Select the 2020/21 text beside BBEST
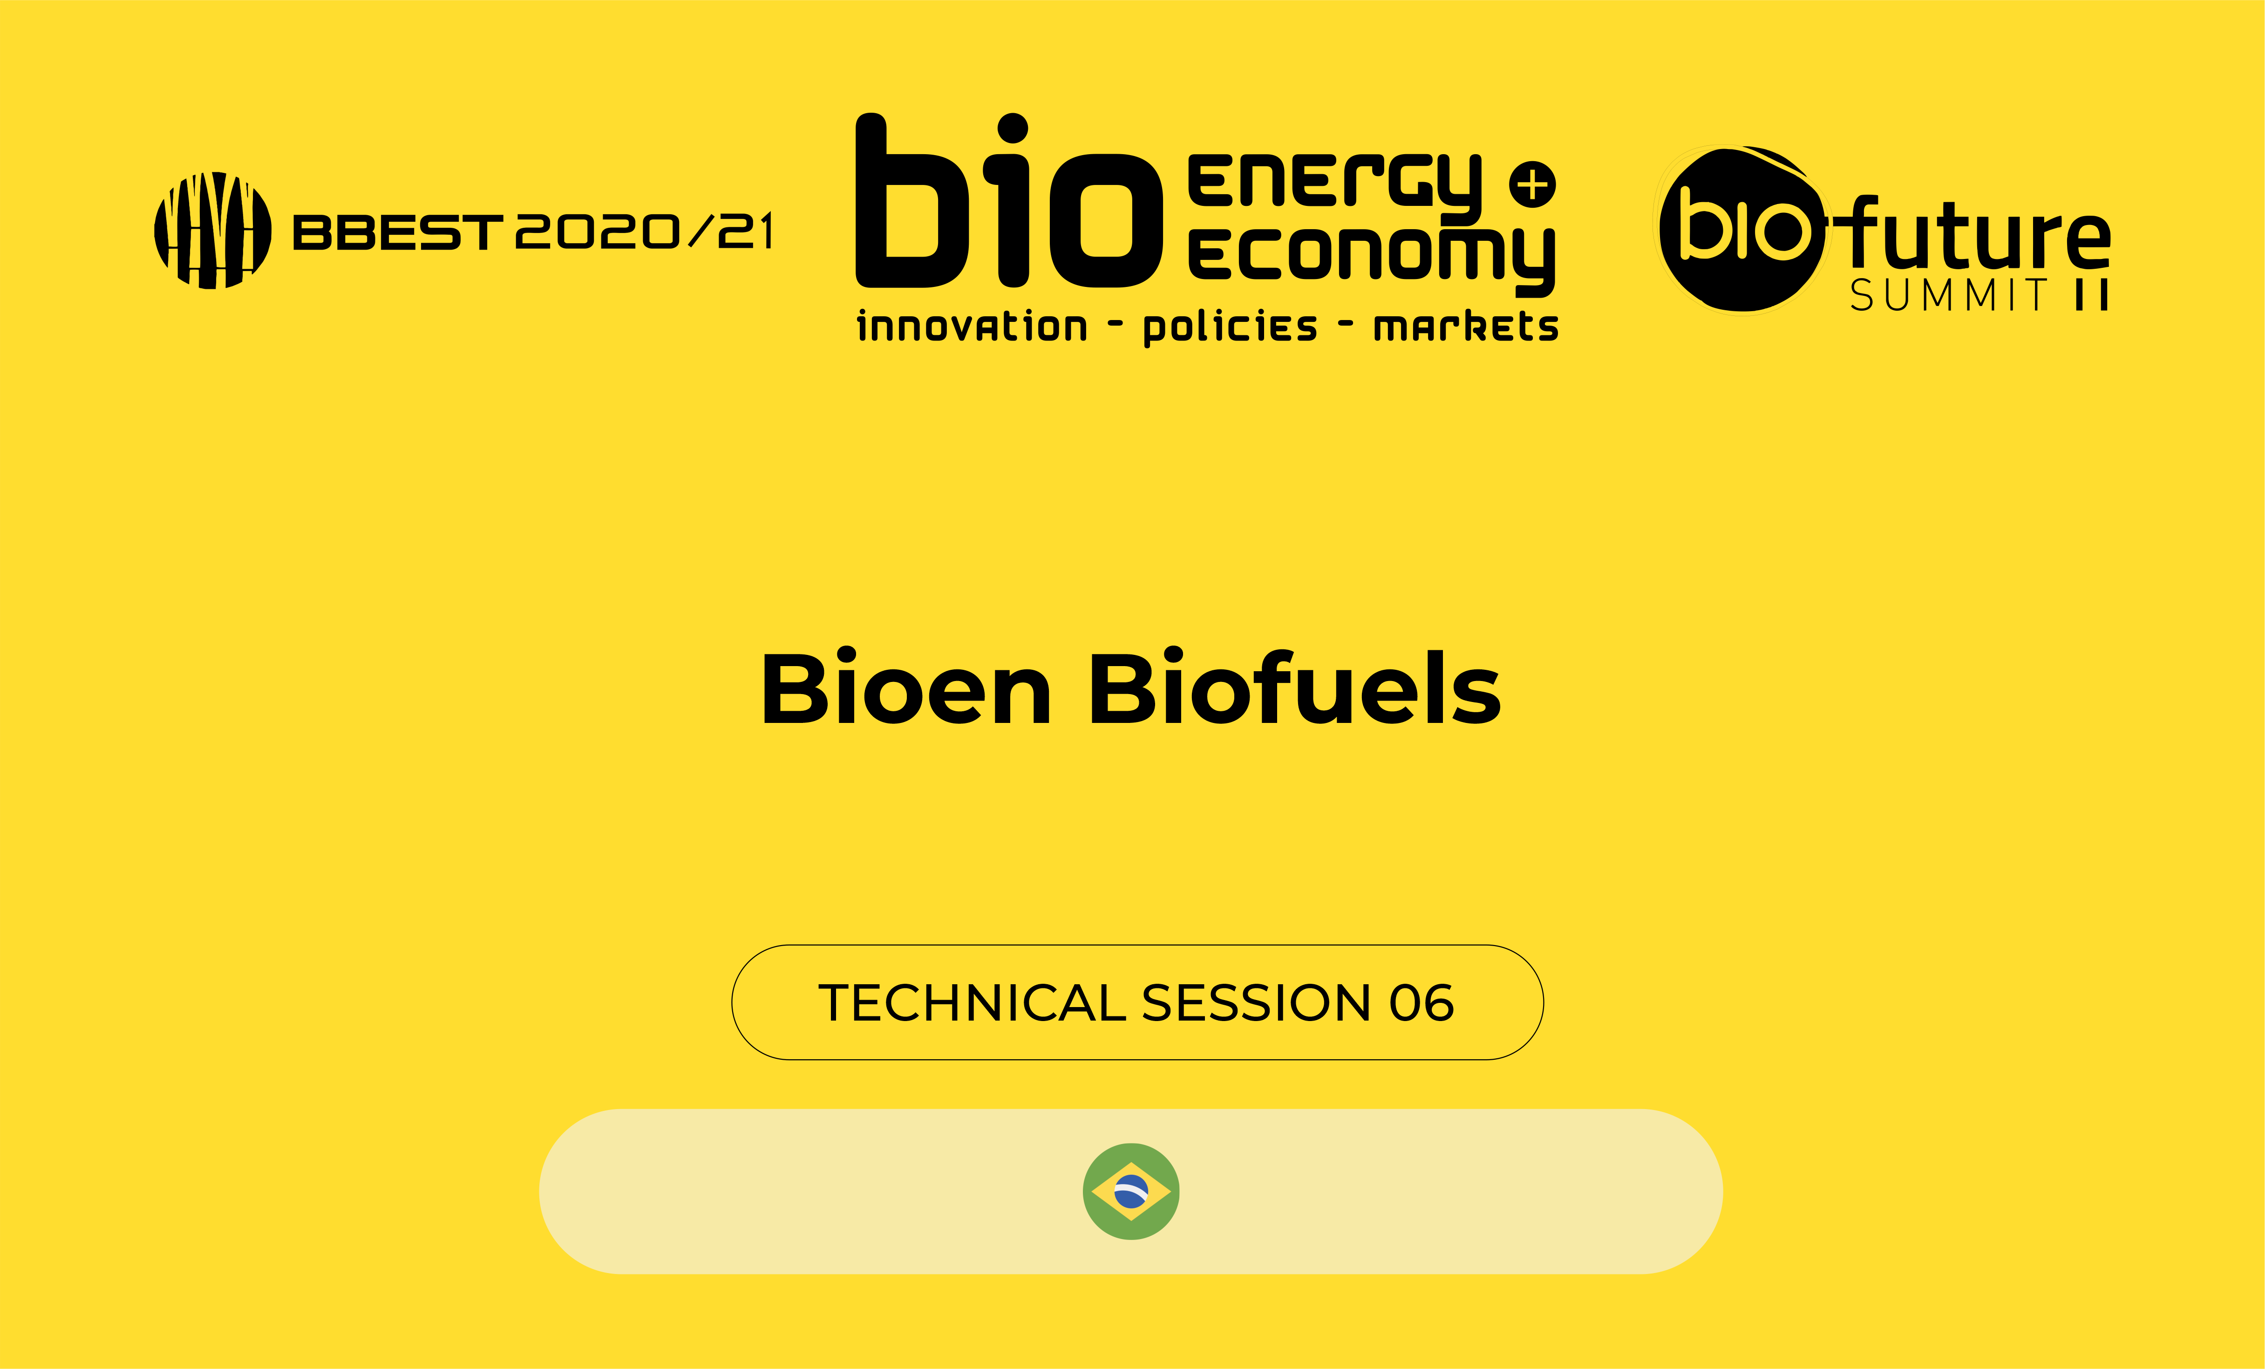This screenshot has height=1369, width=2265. click(x=644, y=231)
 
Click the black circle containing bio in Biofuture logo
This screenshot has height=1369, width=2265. click(x=1740, y=230)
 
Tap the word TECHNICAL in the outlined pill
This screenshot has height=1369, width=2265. click(x=972, y=1003)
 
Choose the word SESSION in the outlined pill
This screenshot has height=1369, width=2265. click(x=1256, y=1003)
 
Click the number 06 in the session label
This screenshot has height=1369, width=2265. click(x=1421, y=1003)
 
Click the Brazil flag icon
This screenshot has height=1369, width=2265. click(x=1131, y=1192)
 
